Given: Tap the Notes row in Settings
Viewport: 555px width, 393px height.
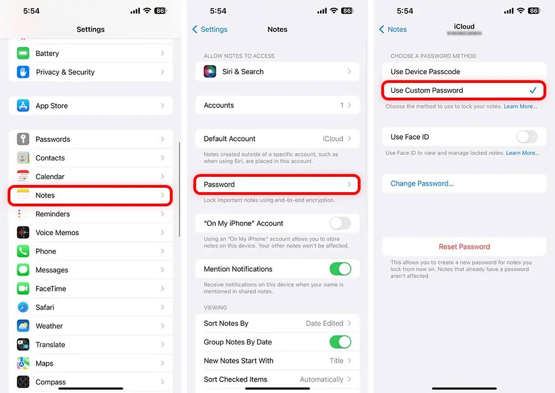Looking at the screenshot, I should pyautogui.click(x=90, y=195).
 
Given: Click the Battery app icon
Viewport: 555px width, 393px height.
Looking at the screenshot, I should pyautogui.click(x=23, y=53).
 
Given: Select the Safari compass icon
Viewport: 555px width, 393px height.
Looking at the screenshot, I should pyautogui.click(x=23, y=307).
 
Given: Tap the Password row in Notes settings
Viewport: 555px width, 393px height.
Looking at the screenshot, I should pyautogui.click(x=277, y=184).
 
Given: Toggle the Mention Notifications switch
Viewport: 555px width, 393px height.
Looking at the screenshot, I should pyautogui.click(x=340, y=269).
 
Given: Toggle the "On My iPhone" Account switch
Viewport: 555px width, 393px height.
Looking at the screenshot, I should pyautogui.click(x=340, y=223).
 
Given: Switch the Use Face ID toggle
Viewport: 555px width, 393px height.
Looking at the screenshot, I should pyautogui.click(x=527, y=137).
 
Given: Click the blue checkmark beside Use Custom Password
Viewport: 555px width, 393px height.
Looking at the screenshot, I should pyautogui.click(x=533, y=91).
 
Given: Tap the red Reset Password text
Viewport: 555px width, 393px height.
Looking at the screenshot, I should pyautogui.click(x=464, y=247).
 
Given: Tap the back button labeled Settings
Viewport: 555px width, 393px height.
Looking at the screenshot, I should pyautogui.click(x=210, y=29).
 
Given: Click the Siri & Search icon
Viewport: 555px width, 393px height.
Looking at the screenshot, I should pyautogui.click(x=210, y=72).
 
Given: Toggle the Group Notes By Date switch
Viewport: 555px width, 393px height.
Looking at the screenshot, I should pyautogui.click(x=340, y=342).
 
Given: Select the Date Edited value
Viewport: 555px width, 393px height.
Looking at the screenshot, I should pyautogui.click(x=324, y=323).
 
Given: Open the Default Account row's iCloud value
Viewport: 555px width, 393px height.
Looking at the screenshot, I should pyautogui.click(x=333, y=139).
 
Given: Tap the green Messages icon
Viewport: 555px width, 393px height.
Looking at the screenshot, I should pyautogui.click(x=23, y=270).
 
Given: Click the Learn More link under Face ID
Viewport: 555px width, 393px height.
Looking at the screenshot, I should pyautogui.click(x=522, y=153).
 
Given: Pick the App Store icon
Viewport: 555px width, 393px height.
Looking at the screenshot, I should pyautogui.click(x=23, y=106).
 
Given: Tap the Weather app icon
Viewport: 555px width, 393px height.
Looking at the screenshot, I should pyautogui.click(x=23, y=326).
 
